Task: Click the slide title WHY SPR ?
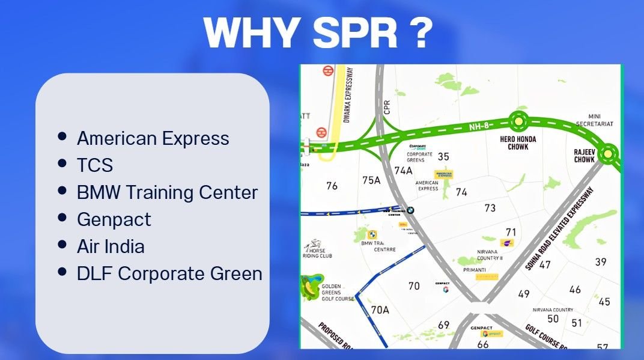click(318, 32)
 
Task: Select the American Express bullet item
click(153, 138)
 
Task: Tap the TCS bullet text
click(95, 165)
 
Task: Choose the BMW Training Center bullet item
click(167, 192)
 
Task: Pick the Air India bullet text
click(111, 246)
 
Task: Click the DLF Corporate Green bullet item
click(169, 273)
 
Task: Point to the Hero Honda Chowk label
click(521, 143)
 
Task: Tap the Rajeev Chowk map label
click(584, 156)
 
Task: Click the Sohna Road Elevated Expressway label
click(558, 228)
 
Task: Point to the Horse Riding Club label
click(317, 252)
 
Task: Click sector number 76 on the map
click(332, 186)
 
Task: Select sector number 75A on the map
click(371, 180)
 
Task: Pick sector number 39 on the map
click(600, 261)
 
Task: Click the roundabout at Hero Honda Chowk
click(518, 121)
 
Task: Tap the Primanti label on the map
click(475, 270)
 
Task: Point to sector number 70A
click(380, 310)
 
